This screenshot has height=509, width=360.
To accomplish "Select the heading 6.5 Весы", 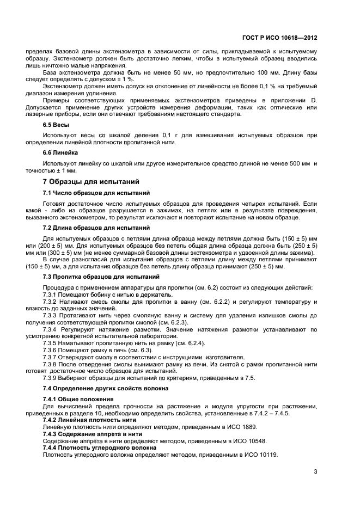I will (x=56, y=125).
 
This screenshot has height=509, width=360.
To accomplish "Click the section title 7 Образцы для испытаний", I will (x=91, y=181).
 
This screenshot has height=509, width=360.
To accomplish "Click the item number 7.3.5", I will (x=51, y=344).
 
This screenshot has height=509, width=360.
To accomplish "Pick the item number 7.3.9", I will (x=51, y=378).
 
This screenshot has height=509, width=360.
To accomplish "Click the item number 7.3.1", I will (x=51, y=295).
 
